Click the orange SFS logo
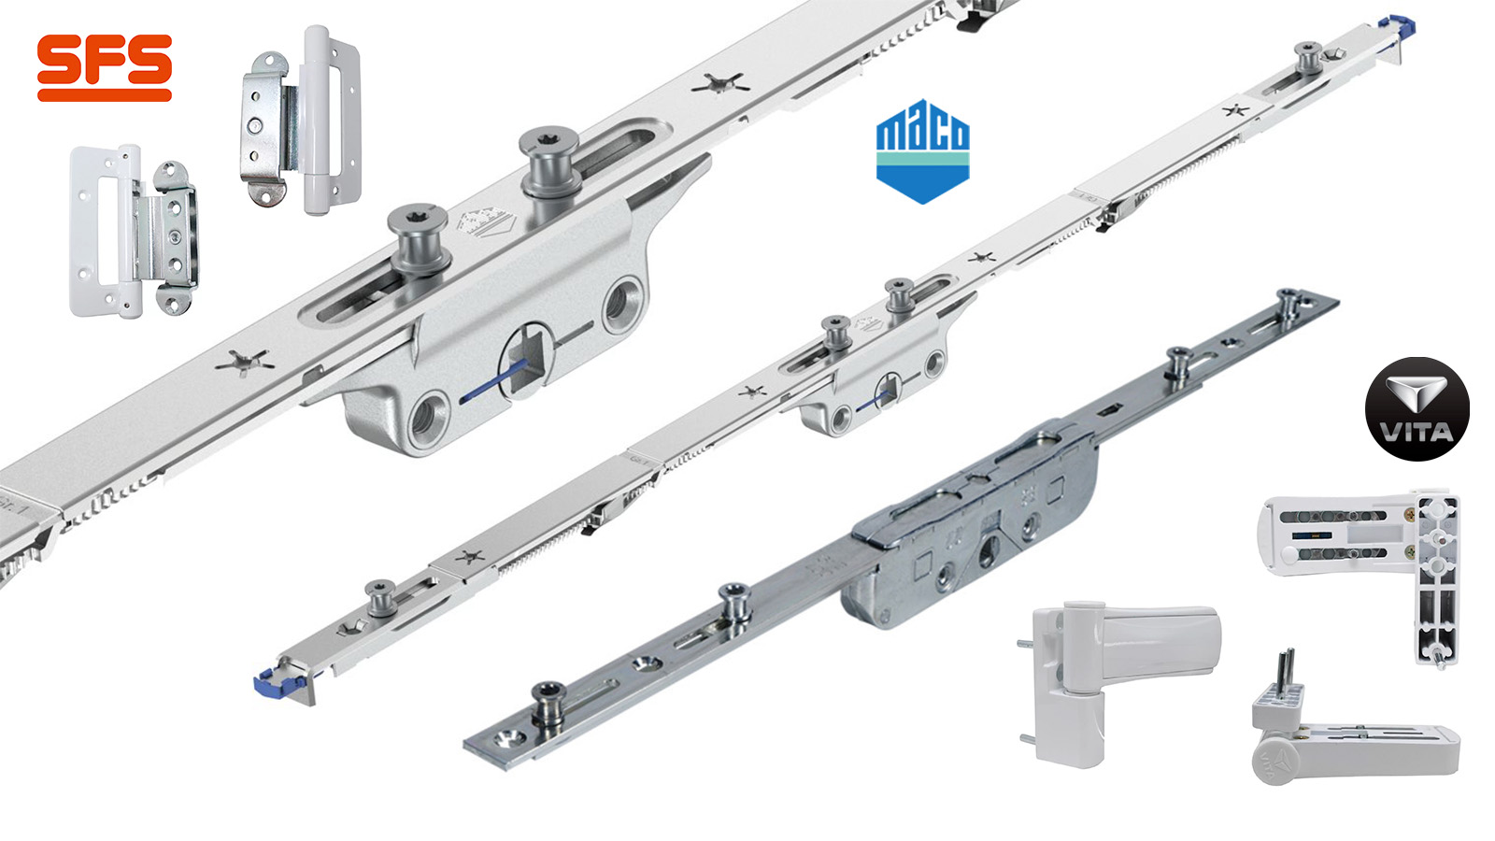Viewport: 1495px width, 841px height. point(104,67)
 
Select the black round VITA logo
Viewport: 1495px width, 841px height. point(1417,409)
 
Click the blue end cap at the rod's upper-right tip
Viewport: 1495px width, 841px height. point(1399,24)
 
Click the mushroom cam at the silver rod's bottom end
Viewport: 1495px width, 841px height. point(548,701)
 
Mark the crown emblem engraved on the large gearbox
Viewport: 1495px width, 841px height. point(476,224)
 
